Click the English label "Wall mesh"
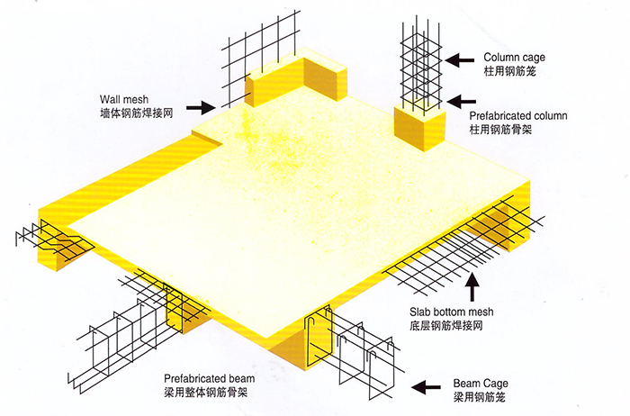[x=124, y=99]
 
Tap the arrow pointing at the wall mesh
[x=201, y=107]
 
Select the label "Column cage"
[x=514, y=58]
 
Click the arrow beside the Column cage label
[x=460, y=60]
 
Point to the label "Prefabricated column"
[x=518, y=116]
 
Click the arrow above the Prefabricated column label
[x=461, y=102]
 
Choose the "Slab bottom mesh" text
[x=452, y=312]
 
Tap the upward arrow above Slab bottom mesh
[x=472, y=286]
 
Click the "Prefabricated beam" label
[x=209, y=378]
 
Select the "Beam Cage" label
[x=481, y=383]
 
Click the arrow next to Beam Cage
[x=426, y=387]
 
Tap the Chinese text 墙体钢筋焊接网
[x=137, y=113]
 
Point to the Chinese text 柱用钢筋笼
[x=510, y=71]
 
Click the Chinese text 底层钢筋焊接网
[x=446, y=325]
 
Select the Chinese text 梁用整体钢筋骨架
[x=206, y=392]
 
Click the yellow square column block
[x=419, y=126]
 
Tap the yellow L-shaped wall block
[x=296, y=80]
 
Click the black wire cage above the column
[x=420, y=67]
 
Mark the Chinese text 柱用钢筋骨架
[x=500, y=130]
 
